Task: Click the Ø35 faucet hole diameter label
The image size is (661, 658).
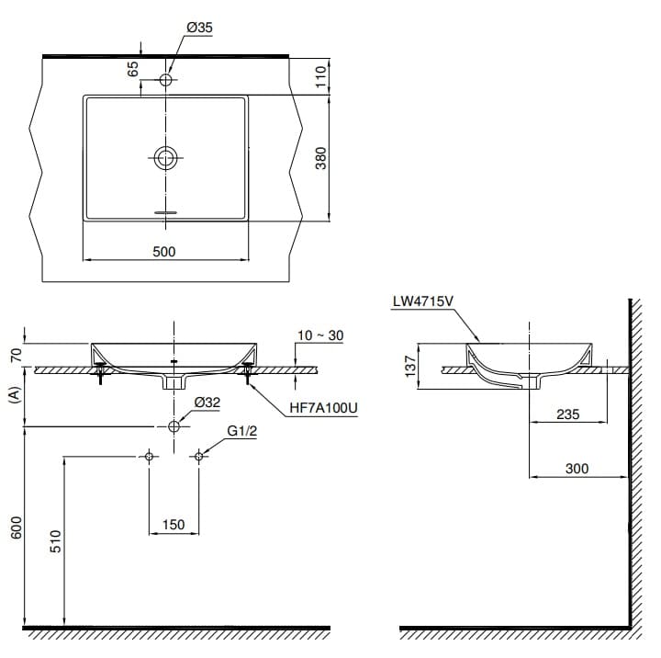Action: pos(199,28)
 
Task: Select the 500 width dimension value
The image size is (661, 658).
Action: pos(164,251)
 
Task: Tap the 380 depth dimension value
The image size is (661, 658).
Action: pos(321,160)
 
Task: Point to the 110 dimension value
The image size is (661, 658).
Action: pos(321,76)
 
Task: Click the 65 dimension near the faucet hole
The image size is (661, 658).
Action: pos(133,68)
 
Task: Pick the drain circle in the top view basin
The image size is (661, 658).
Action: pos(165,158)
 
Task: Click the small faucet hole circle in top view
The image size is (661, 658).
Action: pos(165,80)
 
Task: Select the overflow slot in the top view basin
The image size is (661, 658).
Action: pos(165,210)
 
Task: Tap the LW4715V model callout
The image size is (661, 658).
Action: pos(424,300)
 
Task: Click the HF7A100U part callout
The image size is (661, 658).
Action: pos(322,406)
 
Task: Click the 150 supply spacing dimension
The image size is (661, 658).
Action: pos(173,525)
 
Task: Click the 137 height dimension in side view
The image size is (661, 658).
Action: pos(411,366)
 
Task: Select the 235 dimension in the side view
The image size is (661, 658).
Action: pos(568,414)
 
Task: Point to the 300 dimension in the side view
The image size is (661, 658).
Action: pos(577,469)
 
